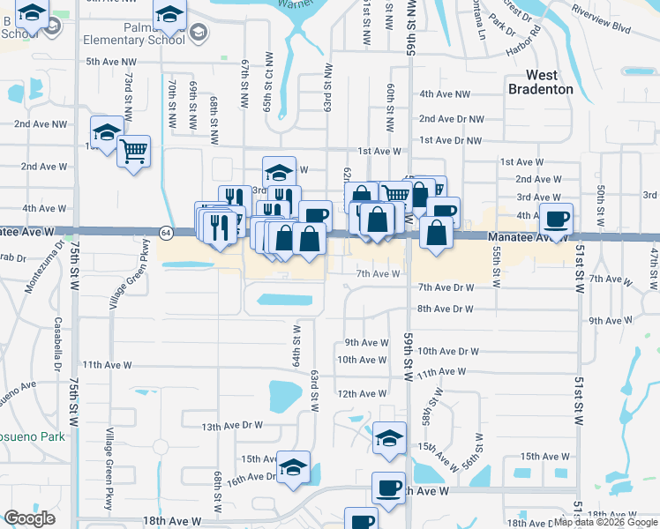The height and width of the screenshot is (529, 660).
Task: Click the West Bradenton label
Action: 540,82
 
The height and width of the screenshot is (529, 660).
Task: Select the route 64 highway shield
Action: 166,232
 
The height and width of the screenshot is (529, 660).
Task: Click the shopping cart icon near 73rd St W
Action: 134,151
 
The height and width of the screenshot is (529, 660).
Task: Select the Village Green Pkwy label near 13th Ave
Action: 109,456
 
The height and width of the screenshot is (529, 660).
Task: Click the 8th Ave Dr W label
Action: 446,309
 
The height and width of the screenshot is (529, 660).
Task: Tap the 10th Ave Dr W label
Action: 447,351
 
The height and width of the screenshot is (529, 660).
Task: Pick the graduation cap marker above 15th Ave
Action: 389,438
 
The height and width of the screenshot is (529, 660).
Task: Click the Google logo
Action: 29,518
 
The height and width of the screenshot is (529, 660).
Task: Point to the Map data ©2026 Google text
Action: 606,522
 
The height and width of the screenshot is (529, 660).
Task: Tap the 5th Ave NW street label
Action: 111,62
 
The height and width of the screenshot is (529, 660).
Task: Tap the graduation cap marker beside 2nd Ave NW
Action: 107,133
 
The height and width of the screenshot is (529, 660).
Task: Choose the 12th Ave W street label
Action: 362,394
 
